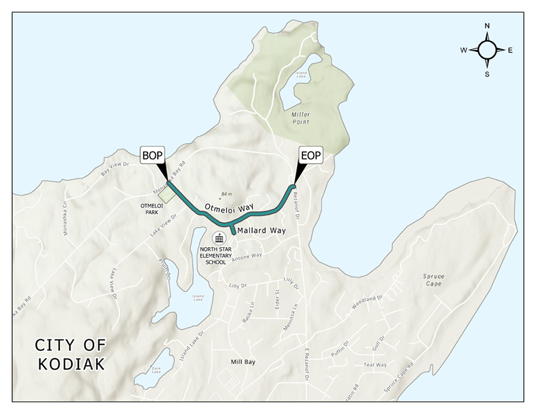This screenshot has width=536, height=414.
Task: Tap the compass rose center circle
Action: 487,50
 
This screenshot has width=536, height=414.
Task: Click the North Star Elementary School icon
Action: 219,238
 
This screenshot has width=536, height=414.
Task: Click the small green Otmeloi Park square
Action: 167,193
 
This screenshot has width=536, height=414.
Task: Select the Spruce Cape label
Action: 432,280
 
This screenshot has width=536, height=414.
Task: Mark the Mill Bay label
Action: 243,362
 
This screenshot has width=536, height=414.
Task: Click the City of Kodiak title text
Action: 70,354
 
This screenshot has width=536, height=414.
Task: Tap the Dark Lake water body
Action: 153,369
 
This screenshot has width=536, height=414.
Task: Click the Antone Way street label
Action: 247,256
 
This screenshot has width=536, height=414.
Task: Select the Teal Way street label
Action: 375,364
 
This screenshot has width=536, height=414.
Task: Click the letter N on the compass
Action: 487,26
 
